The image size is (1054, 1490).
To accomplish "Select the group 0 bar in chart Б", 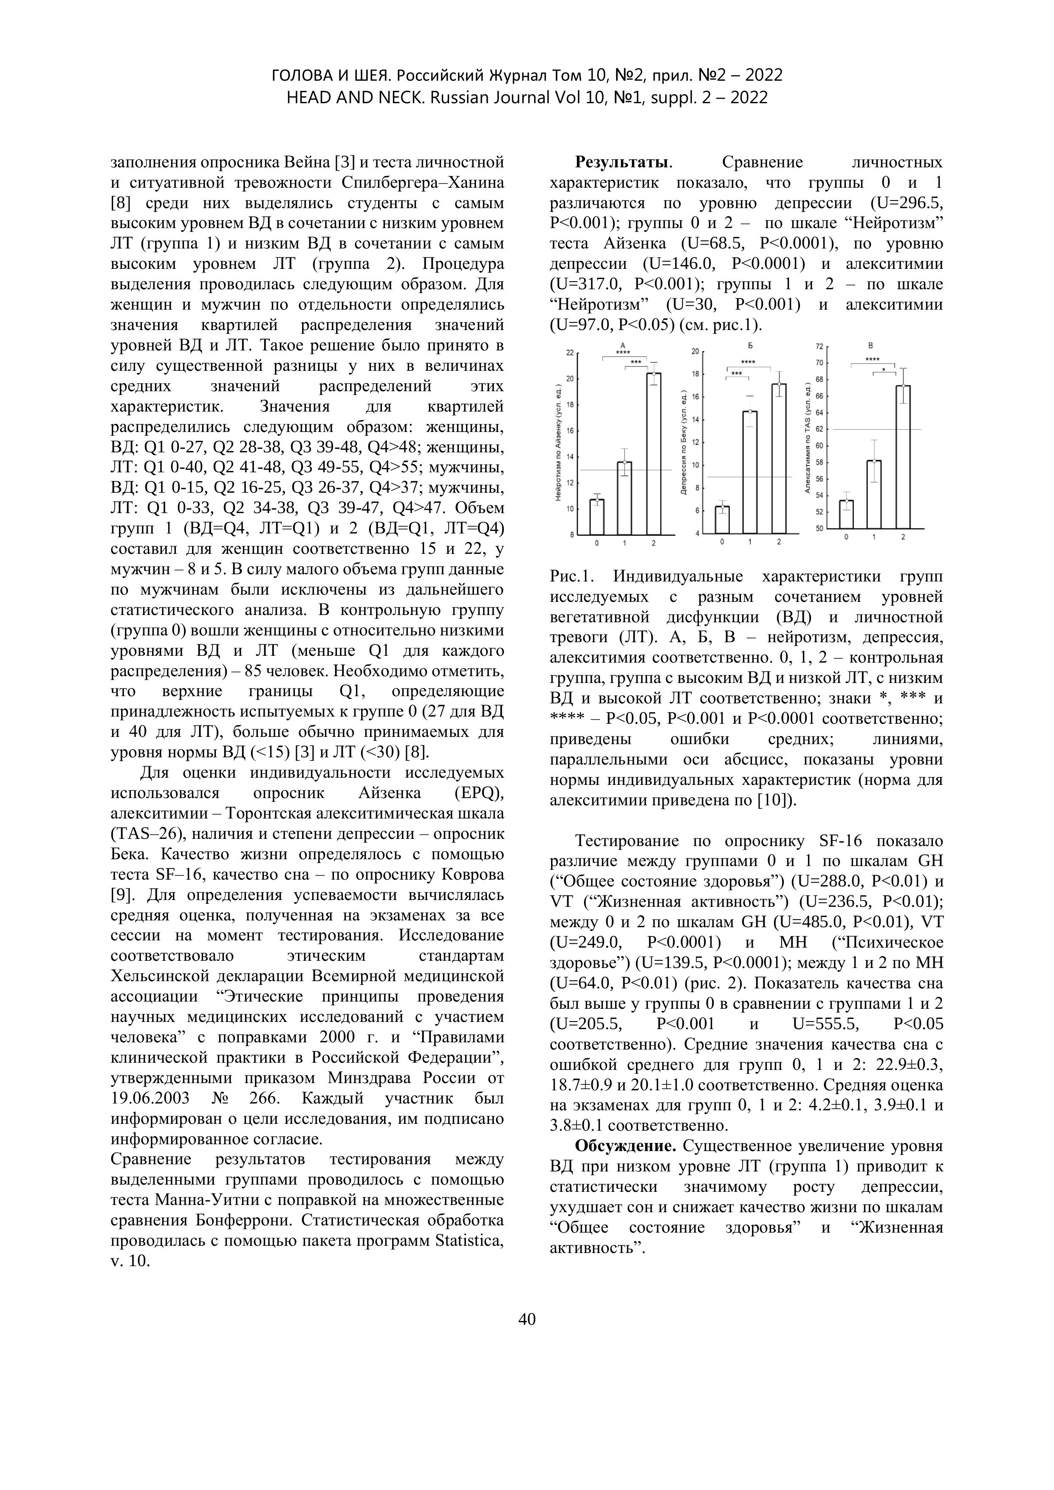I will [722, 520].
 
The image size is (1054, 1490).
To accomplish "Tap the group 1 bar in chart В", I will [873, 494].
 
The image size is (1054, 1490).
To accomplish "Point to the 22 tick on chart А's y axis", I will [570, 353].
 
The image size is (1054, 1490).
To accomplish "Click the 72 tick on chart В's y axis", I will [819, 347].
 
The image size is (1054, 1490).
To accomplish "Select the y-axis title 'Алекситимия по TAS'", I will [808, 439].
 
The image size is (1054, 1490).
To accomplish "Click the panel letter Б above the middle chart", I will [750, 344].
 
